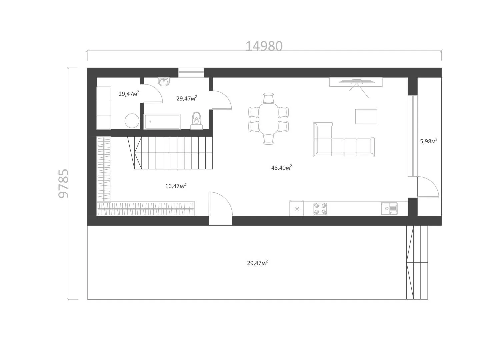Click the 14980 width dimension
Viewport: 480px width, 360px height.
tap(264, 46)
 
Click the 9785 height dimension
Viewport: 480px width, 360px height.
tap(63, 183)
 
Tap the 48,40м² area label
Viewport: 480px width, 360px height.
tap(281, 167)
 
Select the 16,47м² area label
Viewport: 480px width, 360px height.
tap(175, 186)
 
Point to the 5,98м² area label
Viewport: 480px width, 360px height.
tap(429, 141)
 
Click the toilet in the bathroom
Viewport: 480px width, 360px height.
tap(197, 120)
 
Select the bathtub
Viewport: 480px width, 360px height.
tap(162, 121)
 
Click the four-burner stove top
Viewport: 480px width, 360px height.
tap(320, 209)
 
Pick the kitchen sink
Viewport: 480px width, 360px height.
tap(389, 208)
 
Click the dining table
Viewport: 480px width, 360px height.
tap(268, 118)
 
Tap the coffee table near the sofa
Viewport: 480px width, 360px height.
tap(366, 117)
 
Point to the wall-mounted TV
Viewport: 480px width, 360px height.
tap(356, 82)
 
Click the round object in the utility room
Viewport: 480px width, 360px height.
tap(132, 121)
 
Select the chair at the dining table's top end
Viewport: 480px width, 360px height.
tap(268, 98)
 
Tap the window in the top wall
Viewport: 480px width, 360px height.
tap(191, 72)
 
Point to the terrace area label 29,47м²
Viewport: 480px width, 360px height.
tap(257, 263)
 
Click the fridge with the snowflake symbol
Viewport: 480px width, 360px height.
tap(297, 208)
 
